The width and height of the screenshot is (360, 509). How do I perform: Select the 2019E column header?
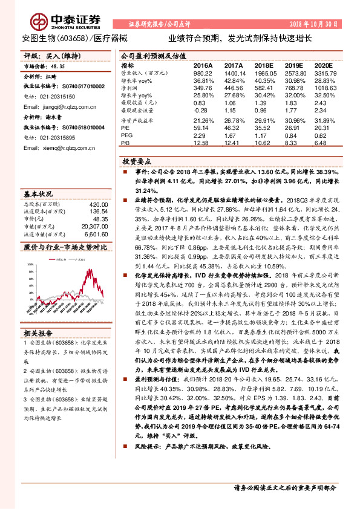coord(293,65)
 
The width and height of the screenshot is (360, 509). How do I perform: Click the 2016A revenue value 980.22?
coord(204,73)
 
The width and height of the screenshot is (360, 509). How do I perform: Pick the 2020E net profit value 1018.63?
coord(324,87)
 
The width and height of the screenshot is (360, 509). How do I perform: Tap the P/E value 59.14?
coord(204,128)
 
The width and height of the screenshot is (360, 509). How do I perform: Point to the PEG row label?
coord(126,135)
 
